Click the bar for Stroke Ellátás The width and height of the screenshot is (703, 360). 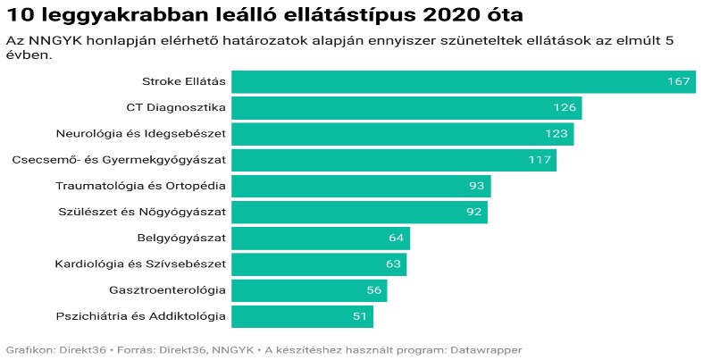pos(463,82)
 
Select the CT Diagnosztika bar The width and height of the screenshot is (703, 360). pos(406,108)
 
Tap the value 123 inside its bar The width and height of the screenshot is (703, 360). pos(557,134)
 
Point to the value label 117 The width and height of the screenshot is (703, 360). pos(540,160)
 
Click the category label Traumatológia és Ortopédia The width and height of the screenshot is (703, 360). pos(141,186)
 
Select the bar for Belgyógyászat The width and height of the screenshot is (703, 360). pos(320,239)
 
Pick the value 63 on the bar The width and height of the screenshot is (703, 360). pos(394,264)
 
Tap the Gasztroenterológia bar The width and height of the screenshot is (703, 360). pos(309,290)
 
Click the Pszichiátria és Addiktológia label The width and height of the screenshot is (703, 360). pos(141,316)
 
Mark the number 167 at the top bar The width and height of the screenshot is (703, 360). pos(679,82)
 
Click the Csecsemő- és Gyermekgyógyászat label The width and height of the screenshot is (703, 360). pos(119,160)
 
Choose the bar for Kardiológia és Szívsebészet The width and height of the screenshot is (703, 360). pos(319,264)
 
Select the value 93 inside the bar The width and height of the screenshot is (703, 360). pos(476,186)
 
